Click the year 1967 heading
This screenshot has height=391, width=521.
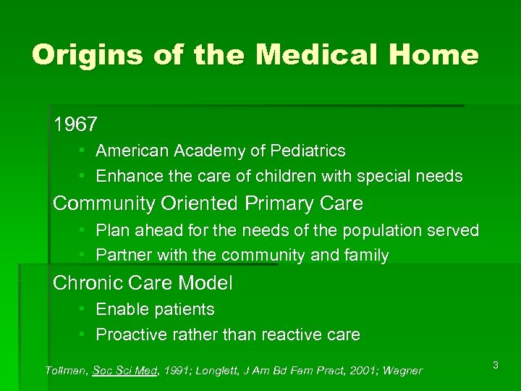click(75, 125)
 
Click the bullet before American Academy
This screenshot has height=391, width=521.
click(84, 151)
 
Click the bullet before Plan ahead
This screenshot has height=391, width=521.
click(84, 230)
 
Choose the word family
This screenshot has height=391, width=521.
click(366, 256)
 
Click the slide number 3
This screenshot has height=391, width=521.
click(496, 366)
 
